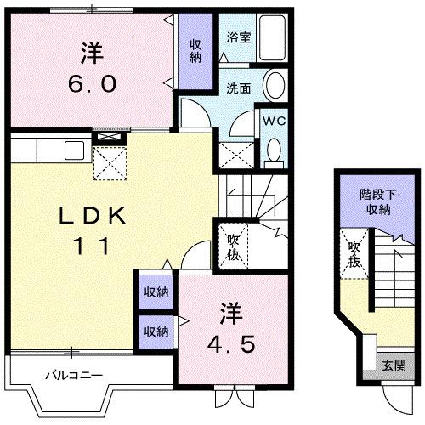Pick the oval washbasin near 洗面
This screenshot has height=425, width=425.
[x=275, y=88]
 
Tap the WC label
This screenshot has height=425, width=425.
[x=272, y=120]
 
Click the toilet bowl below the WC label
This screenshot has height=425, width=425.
[x=273, y=152]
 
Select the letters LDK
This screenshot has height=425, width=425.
[x=93, y=217]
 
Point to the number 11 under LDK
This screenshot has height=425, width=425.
[x=93, y=246]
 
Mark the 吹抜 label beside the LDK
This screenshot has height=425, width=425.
[x=232, y=246]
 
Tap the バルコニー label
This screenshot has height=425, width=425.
[x=75, y=374]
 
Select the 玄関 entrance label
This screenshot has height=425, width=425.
[x=394, y=366]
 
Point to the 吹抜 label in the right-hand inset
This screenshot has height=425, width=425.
[x=354, y=254]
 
